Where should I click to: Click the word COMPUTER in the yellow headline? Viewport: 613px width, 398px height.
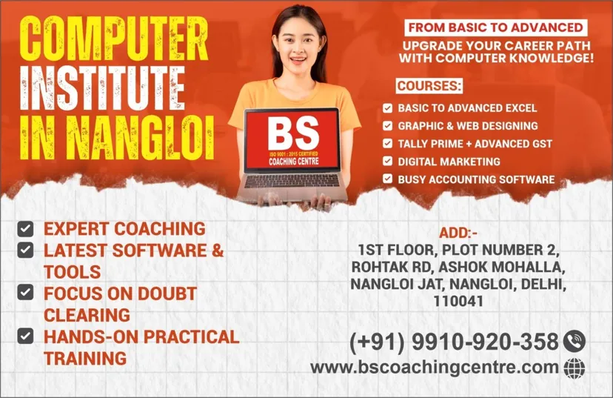click(x=111, y=36)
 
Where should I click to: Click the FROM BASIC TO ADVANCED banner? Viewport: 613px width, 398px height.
click(x=495, y=27)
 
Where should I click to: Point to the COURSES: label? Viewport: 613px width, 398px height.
click(x=429, y=85)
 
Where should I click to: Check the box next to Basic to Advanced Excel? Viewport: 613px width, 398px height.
click(x=387, y=108)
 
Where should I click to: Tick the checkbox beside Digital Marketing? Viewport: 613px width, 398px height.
click(x=387, y=161)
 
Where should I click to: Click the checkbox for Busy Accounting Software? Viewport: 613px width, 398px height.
click(x=387, y=179)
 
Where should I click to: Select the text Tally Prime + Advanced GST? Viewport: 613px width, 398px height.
click(x=475, y=144)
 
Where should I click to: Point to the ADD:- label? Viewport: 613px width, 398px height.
click(x=458, y=233)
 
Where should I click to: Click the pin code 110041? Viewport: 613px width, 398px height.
click(x=459, y=302)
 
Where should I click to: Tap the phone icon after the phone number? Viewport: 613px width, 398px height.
click(x=574, y=341)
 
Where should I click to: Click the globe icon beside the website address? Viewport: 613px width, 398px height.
click(x=575, y=367)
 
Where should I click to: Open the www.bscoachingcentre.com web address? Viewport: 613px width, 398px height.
click(x=434, y=367)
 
